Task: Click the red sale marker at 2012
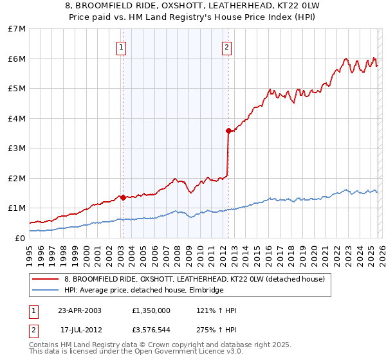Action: [228, 130]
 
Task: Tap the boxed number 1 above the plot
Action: [122, 47]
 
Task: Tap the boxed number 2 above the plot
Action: [227, 47]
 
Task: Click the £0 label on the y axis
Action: [21, 238]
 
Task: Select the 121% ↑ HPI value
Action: [216, 310]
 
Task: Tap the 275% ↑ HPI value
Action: [216, 329]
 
